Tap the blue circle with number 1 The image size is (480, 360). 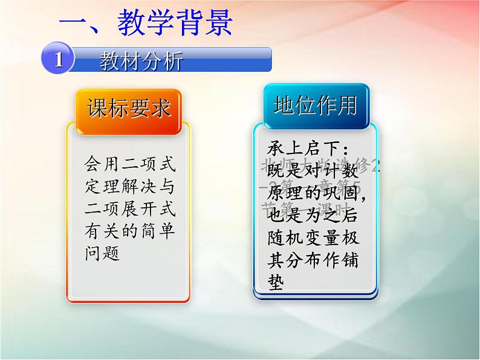click(x=58, y=59)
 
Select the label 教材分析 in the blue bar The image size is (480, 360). click(x=141, y=61)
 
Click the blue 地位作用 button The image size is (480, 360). click(x=315, y=105)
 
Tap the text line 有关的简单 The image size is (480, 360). click(x=129, y=231)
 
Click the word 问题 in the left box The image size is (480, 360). click(x=102, y=253)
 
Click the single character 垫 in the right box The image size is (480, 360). click(x=275, y=284)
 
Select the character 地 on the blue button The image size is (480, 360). click(x=284, y=105)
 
